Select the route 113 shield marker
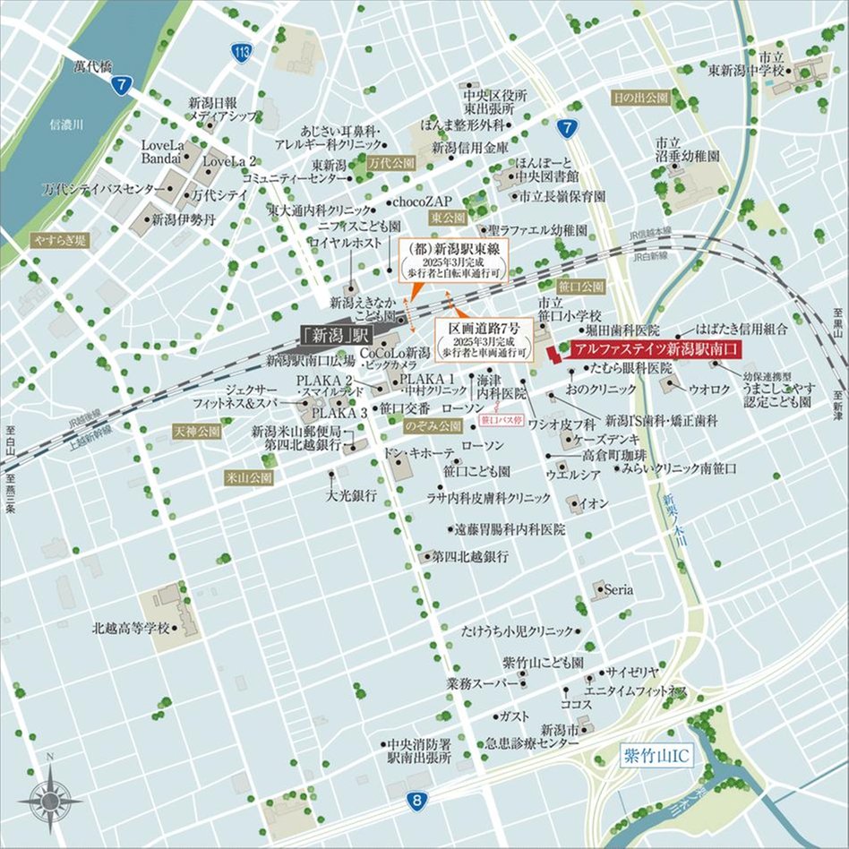click(239, 54)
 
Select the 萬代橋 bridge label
click(92, 65)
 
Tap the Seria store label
click(618, 590)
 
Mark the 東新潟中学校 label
click(746, 69)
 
